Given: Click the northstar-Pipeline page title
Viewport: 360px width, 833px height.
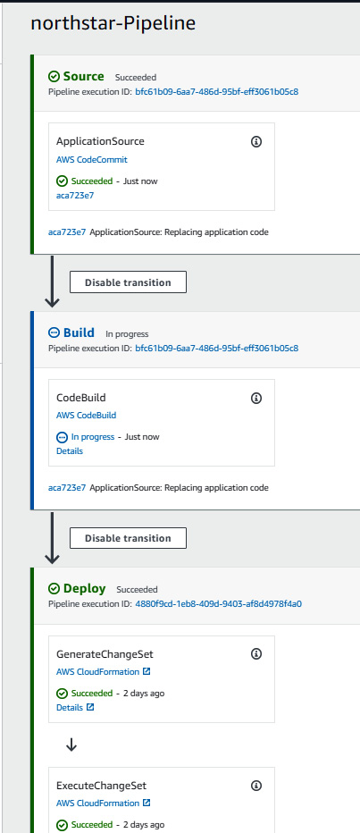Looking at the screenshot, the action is pos(113,23).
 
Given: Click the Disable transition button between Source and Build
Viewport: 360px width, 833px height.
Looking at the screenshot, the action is pos(128,282).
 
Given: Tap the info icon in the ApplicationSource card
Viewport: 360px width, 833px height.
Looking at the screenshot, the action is pos(255,141).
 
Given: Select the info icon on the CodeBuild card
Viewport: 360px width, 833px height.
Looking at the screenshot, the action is pos(255,398).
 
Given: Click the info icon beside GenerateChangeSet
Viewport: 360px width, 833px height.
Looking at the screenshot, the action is pos(255,653).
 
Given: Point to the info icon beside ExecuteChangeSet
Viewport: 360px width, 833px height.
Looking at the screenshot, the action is pos(255,786).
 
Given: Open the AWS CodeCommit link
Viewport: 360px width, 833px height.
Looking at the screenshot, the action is pos(92,159).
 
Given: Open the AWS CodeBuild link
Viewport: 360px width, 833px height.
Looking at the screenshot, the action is pos(86,416).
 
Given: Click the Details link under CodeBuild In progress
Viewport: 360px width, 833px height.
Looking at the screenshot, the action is pos(70,451).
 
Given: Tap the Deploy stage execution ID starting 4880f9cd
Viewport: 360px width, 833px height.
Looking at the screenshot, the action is pos(219,603).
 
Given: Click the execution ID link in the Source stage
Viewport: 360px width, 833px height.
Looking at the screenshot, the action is pos(217,91).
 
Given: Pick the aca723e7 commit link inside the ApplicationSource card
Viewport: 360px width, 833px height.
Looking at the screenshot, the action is pos(71,195).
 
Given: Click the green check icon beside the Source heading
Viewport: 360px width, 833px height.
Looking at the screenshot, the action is pos(54,77).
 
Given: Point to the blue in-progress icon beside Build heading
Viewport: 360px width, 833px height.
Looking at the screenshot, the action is pos(54,333).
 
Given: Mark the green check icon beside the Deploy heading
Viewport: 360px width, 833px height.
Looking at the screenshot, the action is pos(54,589).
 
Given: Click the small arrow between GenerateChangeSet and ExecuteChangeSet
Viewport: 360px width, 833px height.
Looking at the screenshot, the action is pos(71,746).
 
